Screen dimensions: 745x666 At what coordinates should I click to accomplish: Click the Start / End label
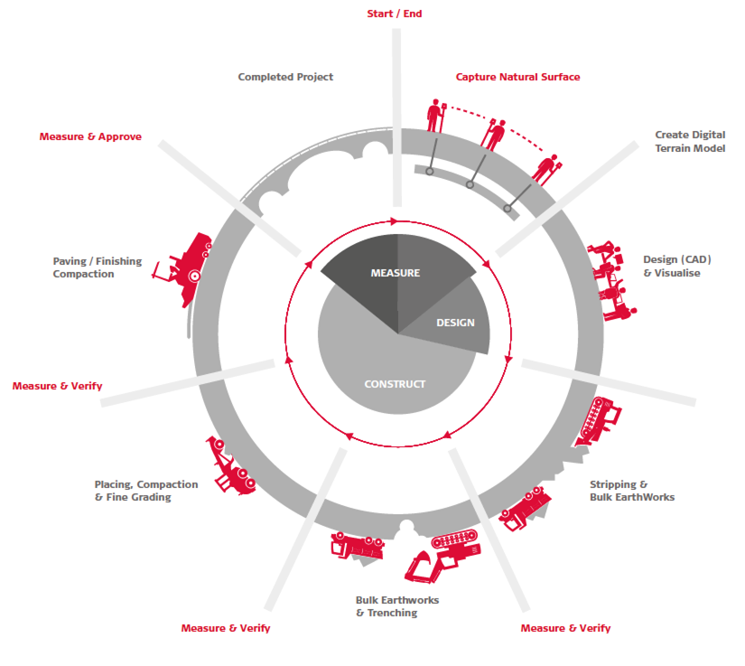pyautogui.click(x=395, y=14)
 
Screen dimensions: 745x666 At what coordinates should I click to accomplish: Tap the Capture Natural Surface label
pyautogui.click(x=518, y=77)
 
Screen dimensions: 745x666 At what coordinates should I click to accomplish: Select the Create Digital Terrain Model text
pyautogui.click(x=690, y=141)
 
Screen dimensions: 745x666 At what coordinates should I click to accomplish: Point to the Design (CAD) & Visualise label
pyautogui.click(x=677, y=267)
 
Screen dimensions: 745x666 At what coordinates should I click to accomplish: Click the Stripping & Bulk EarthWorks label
pyautogui.click(x=632, y=491)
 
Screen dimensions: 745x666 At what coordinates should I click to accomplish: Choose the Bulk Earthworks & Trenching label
pyautogui.click(x=397, y=606)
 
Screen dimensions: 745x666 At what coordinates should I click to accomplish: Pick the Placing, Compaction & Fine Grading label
pyautogui.click(x=146, y=491)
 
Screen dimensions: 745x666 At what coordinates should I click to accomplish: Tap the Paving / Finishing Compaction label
pyautogui.click(x=98, y=267)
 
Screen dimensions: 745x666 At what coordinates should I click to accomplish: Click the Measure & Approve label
pyautogui.click(x=90, y=137)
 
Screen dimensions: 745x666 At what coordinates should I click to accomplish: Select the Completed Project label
pyautogui.click(x=285, y=77)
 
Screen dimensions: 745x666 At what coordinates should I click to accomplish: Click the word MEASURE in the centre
pyautogui.click(x=396, y=273)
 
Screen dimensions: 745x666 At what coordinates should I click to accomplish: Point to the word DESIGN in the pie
pyautogui.click(x=456, y=323)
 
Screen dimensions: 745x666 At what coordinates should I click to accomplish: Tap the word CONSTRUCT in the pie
pyautogui.click(x=395, y=384)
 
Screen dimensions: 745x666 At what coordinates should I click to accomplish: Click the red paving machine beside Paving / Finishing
pyautogui.click(x=185, y=269)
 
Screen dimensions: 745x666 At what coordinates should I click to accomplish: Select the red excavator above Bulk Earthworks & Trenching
pyautogui.click(x=442, y=555)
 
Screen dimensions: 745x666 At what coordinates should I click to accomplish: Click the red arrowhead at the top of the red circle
pyautogui.click(x=394, y=221)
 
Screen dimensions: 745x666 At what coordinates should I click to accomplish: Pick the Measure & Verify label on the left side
pyautogui.click(x=58, y=386)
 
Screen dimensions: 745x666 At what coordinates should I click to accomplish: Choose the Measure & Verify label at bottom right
pyautogui.click(x=565, y=628)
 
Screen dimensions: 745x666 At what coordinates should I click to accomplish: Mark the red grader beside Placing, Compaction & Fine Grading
pyautogui.click(x=231, y=466)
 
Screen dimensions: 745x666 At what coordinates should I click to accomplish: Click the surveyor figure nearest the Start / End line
pyautogui.click(x=435, y=116)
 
